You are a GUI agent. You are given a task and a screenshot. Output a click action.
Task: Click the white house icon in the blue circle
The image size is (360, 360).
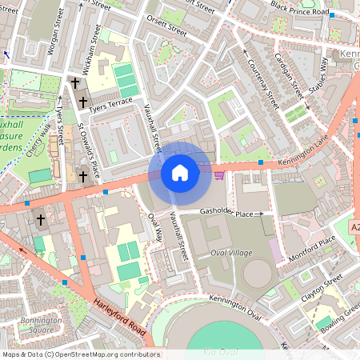180,172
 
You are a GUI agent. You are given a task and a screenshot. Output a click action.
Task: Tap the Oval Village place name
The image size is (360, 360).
230,253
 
